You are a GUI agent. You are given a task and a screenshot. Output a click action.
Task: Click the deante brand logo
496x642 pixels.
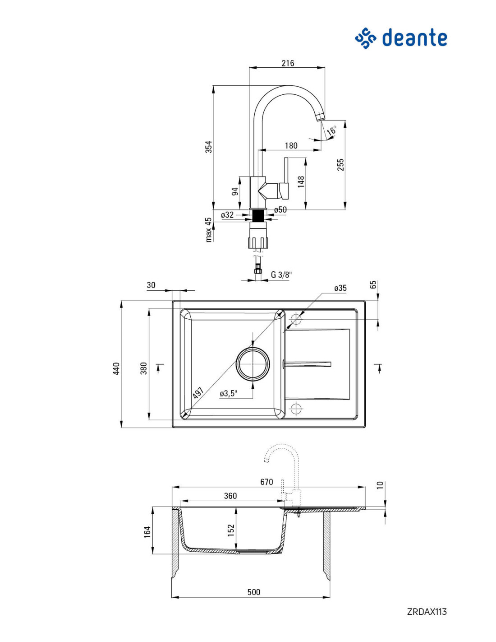pyautogui.click(x=400, y=38)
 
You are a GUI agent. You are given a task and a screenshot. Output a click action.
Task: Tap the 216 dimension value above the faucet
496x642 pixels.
pyautogui.click(x=288, y=63)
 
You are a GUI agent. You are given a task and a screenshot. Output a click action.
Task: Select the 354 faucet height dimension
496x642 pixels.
pyautogui.click(x=209, y=147)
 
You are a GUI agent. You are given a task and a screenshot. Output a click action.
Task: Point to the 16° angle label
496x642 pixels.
pyautogui.click(x=332, y=130)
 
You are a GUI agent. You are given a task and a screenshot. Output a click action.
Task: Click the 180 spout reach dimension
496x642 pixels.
pyautogui.click(x=291, y=146)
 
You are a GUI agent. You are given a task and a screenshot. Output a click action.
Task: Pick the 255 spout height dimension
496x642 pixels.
pyautogui.click(x=340, y=164)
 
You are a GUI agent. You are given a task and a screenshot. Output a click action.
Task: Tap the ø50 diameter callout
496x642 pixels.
pyautogui.click(x=280, y=209)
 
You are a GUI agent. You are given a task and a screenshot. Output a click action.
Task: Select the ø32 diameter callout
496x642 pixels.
pyautogui.click(x=227, y=215)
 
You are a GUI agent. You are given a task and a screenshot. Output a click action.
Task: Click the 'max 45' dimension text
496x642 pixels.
pyautogui.click(x=209, y=230)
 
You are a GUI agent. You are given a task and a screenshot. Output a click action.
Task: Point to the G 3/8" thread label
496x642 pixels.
pyautogui.click(x=281, y=274)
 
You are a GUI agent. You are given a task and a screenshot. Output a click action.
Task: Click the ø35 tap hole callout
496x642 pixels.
pyautogui.click(x=340, y=288)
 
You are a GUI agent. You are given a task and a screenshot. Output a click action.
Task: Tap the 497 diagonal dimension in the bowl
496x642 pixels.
pyautogui.click(x=198, y=393)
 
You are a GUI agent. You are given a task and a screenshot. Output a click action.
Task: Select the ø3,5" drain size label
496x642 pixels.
pyautogui.click(x=229, y=394)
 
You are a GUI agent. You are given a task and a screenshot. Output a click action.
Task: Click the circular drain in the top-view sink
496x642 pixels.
pyautogui.click(x=253, y=364)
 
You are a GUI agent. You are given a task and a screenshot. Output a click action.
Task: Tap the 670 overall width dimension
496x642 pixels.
pyautogui.click(x=266, y=482)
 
